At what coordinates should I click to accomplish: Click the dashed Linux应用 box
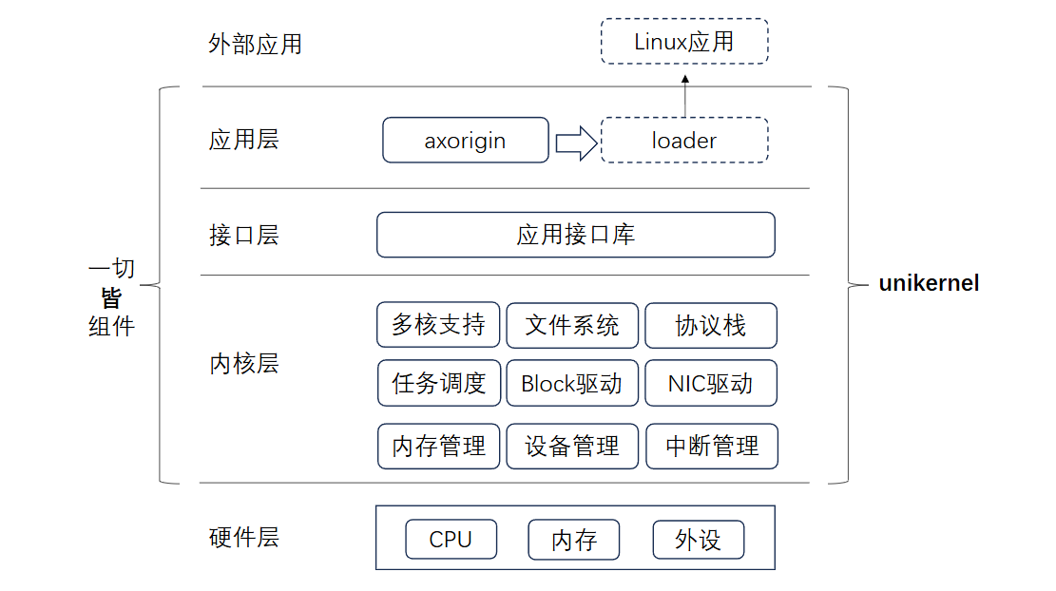[684, 42]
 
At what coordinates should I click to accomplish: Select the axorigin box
[466, 141]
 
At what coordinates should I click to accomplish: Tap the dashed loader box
[684, 141]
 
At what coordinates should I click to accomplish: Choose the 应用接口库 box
[576, 235]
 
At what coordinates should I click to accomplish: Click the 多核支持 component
[438, 325]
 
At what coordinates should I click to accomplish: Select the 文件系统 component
[572, 325]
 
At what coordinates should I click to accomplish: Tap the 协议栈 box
[711, 325]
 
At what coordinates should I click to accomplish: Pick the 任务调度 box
[438, 383]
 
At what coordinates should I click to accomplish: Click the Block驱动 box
[572, 383]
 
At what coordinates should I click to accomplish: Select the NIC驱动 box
[711, 383]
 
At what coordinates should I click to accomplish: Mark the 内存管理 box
[438, 446]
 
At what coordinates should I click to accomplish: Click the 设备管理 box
[572, 446]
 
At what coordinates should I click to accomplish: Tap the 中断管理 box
[712, 446]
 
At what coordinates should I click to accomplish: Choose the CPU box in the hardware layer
[451, 540]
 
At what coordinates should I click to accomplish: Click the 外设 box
[698, 540]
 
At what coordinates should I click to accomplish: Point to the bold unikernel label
[929, 283]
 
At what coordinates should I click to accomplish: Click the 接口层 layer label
[243, 235]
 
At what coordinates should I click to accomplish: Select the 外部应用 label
[255, 45]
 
